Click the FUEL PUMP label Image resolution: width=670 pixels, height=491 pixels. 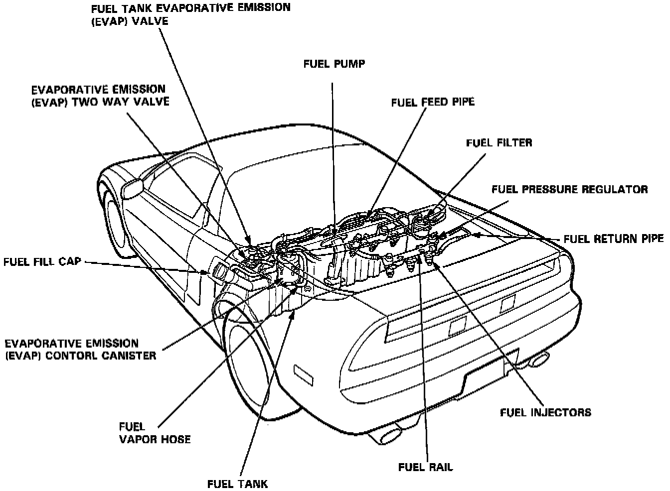[x=334, y=64]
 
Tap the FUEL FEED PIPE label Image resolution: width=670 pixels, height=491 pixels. [x=432, y=102]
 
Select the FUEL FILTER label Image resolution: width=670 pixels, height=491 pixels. [x=499, y=142]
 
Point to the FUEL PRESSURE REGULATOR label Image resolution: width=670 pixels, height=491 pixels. [x=569, y=189]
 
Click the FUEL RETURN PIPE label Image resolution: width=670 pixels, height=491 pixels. [x=614, y=239]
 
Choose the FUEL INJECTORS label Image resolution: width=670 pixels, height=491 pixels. [x=545, y=412]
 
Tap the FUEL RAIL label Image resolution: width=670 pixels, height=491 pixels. [x=426, y=467]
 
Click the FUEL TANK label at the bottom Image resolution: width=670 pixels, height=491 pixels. [x=238, y=484]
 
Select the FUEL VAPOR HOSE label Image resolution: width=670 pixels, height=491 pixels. [x=155, y=433]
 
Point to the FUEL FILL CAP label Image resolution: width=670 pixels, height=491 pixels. [x=42, y=261]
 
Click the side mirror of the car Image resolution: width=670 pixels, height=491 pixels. [x=132, y=188]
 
